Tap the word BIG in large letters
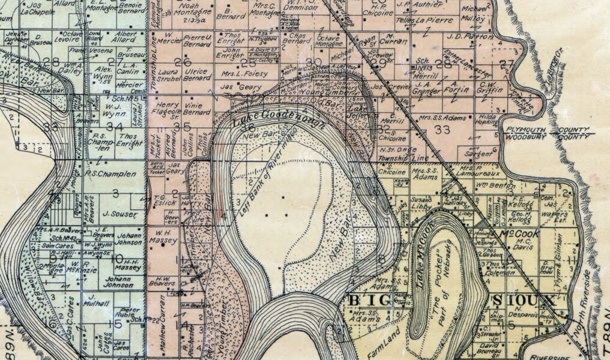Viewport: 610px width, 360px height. point(367,300)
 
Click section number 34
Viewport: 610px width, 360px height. point(114,127)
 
